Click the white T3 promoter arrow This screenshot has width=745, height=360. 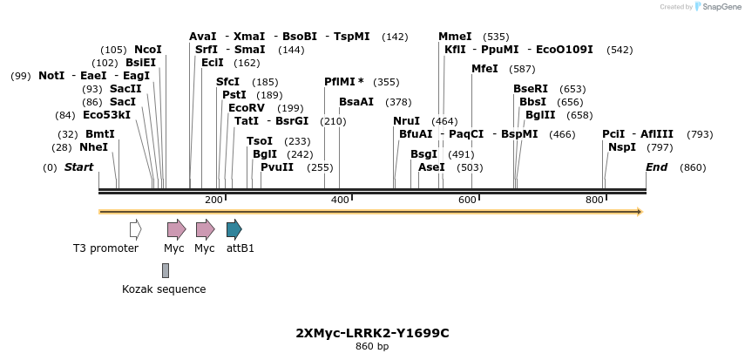pyautogui.click(x=135, y=229)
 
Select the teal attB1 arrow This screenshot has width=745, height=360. pyautogui.click(x=234, y=229)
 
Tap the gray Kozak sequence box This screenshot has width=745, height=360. pyautogui.click(x=165, y=270)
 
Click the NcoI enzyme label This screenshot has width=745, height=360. pyautogui.click(x=148, y=50)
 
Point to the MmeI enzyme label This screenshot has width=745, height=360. pyautogui.click(x=455, y=37)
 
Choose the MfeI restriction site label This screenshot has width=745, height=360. pyautogui.click(x=484, y=68)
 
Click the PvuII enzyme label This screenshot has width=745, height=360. pyautogui.click(x=277, y=167)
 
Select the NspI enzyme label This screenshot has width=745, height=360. pyautogui.click(x=622, y=147)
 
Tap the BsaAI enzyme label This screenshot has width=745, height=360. pyautogui.click(x=356, y=102)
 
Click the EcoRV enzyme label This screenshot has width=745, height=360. pyautogui.click(x=247, y=107)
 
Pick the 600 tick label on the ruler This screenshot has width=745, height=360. pyautogui.click(x=468, y=200)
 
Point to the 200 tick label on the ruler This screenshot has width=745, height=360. pyautogui.click(x=213, y=200)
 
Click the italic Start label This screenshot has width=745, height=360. pyautogui.click(x=78, y=167)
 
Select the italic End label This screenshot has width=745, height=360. pyautogui.click(x=657, y=167)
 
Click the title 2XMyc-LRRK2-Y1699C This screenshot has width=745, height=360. pyautogui.click(x=372, y=333)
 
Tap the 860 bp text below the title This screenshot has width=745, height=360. pyautogui.click(x=372, y=347)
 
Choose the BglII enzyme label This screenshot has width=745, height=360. pyautogui.click(x=539, y=115)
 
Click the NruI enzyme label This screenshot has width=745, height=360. pyautogui.click(x=406, y=121)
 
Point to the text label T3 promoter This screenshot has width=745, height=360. pyautogui.click(x=105, y=248)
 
